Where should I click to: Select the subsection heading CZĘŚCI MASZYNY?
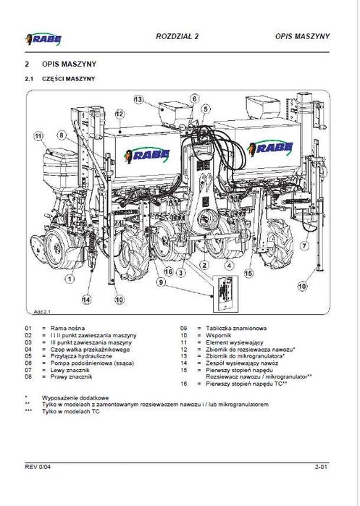69,78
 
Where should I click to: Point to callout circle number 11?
38,135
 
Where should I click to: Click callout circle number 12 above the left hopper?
120,114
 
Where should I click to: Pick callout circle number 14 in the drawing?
87,300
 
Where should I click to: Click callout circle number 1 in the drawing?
70,277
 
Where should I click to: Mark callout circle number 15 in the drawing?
248,274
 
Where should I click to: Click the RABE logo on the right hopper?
271,148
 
